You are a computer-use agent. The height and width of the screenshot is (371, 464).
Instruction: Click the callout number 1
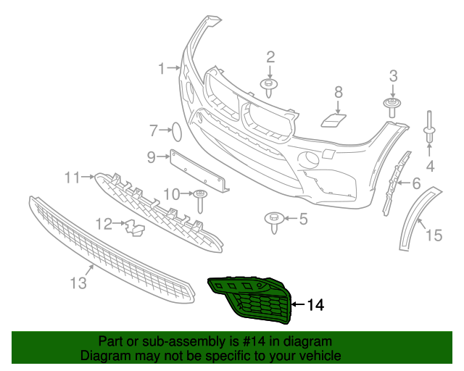tap(162, 69)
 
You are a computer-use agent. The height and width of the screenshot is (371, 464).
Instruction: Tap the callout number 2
tap(270, 57)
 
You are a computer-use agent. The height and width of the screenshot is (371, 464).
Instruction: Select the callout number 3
tap(394, 76)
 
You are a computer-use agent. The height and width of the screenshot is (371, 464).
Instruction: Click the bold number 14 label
tap(315, 305)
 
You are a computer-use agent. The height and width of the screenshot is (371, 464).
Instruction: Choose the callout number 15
tap(433, 234)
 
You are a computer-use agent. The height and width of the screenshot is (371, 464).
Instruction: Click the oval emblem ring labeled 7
tap(175, 132)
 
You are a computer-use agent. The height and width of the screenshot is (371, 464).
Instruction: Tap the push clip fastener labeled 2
tap(270, 87)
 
